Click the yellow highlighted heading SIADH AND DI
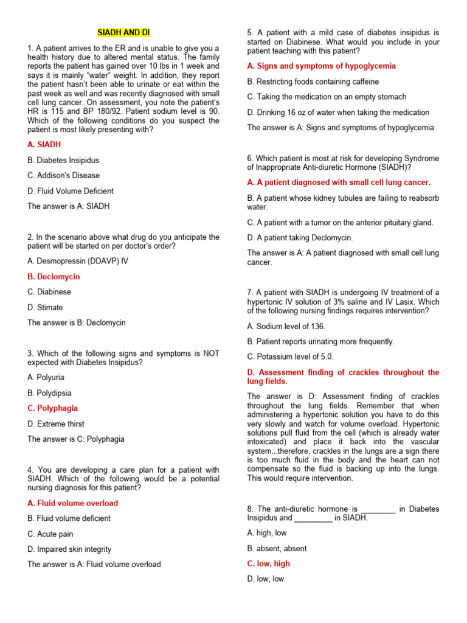[x=123, y=32]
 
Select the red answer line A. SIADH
[x=44, y=145]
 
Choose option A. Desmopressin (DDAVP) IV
[x=78, y=261]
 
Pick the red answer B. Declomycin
[x=54, y=276]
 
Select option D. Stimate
[x=45, y=307]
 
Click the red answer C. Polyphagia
[x=52, y=408]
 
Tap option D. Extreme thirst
[x=56, y=423]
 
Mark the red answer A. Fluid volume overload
[x=73, y=503]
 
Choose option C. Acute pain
[x=50, y=534]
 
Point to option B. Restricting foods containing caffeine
[x=313, y=81]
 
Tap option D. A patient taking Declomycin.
[x=300, y=238]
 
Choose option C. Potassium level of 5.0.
[x=290, y=357]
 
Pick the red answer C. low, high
[x=268, y=563]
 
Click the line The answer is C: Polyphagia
[x=76, y=439]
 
